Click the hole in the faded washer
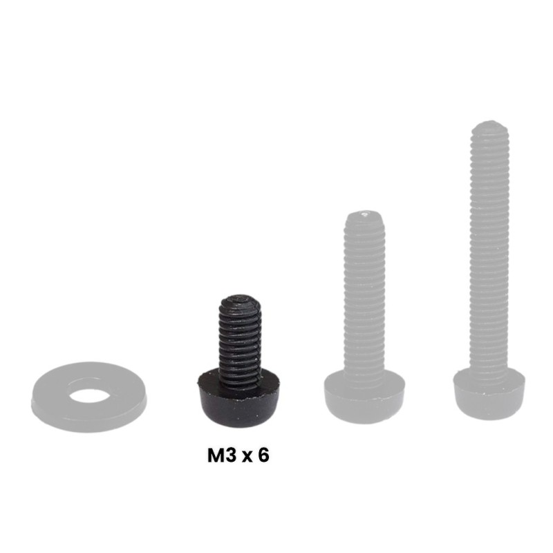(x=89, y=395)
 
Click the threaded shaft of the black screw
(x=240, y=339)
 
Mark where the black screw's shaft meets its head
(x=240, y=377)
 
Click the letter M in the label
(x=216, y=456)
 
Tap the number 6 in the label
(x=263, y=456)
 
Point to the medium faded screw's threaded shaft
(x=364, y=297)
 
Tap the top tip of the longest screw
(x=490, y=124)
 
